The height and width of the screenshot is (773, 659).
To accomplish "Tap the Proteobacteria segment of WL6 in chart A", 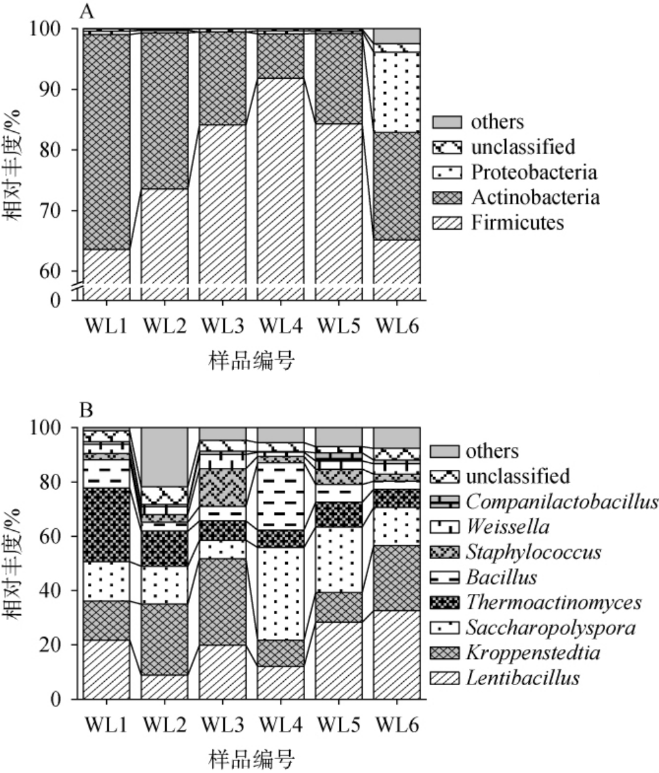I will tap(397, 92).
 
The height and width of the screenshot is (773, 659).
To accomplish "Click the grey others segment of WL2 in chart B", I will tap(165, 456).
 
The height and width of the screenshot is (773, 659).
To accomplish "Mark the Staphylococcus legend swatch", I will tap(444, 553).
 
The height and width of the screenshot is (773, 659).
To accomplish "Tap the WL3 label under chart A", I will tap(223, 325).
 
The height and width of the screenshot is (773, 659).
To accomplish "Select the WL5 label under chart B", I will tap(339, 726).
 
